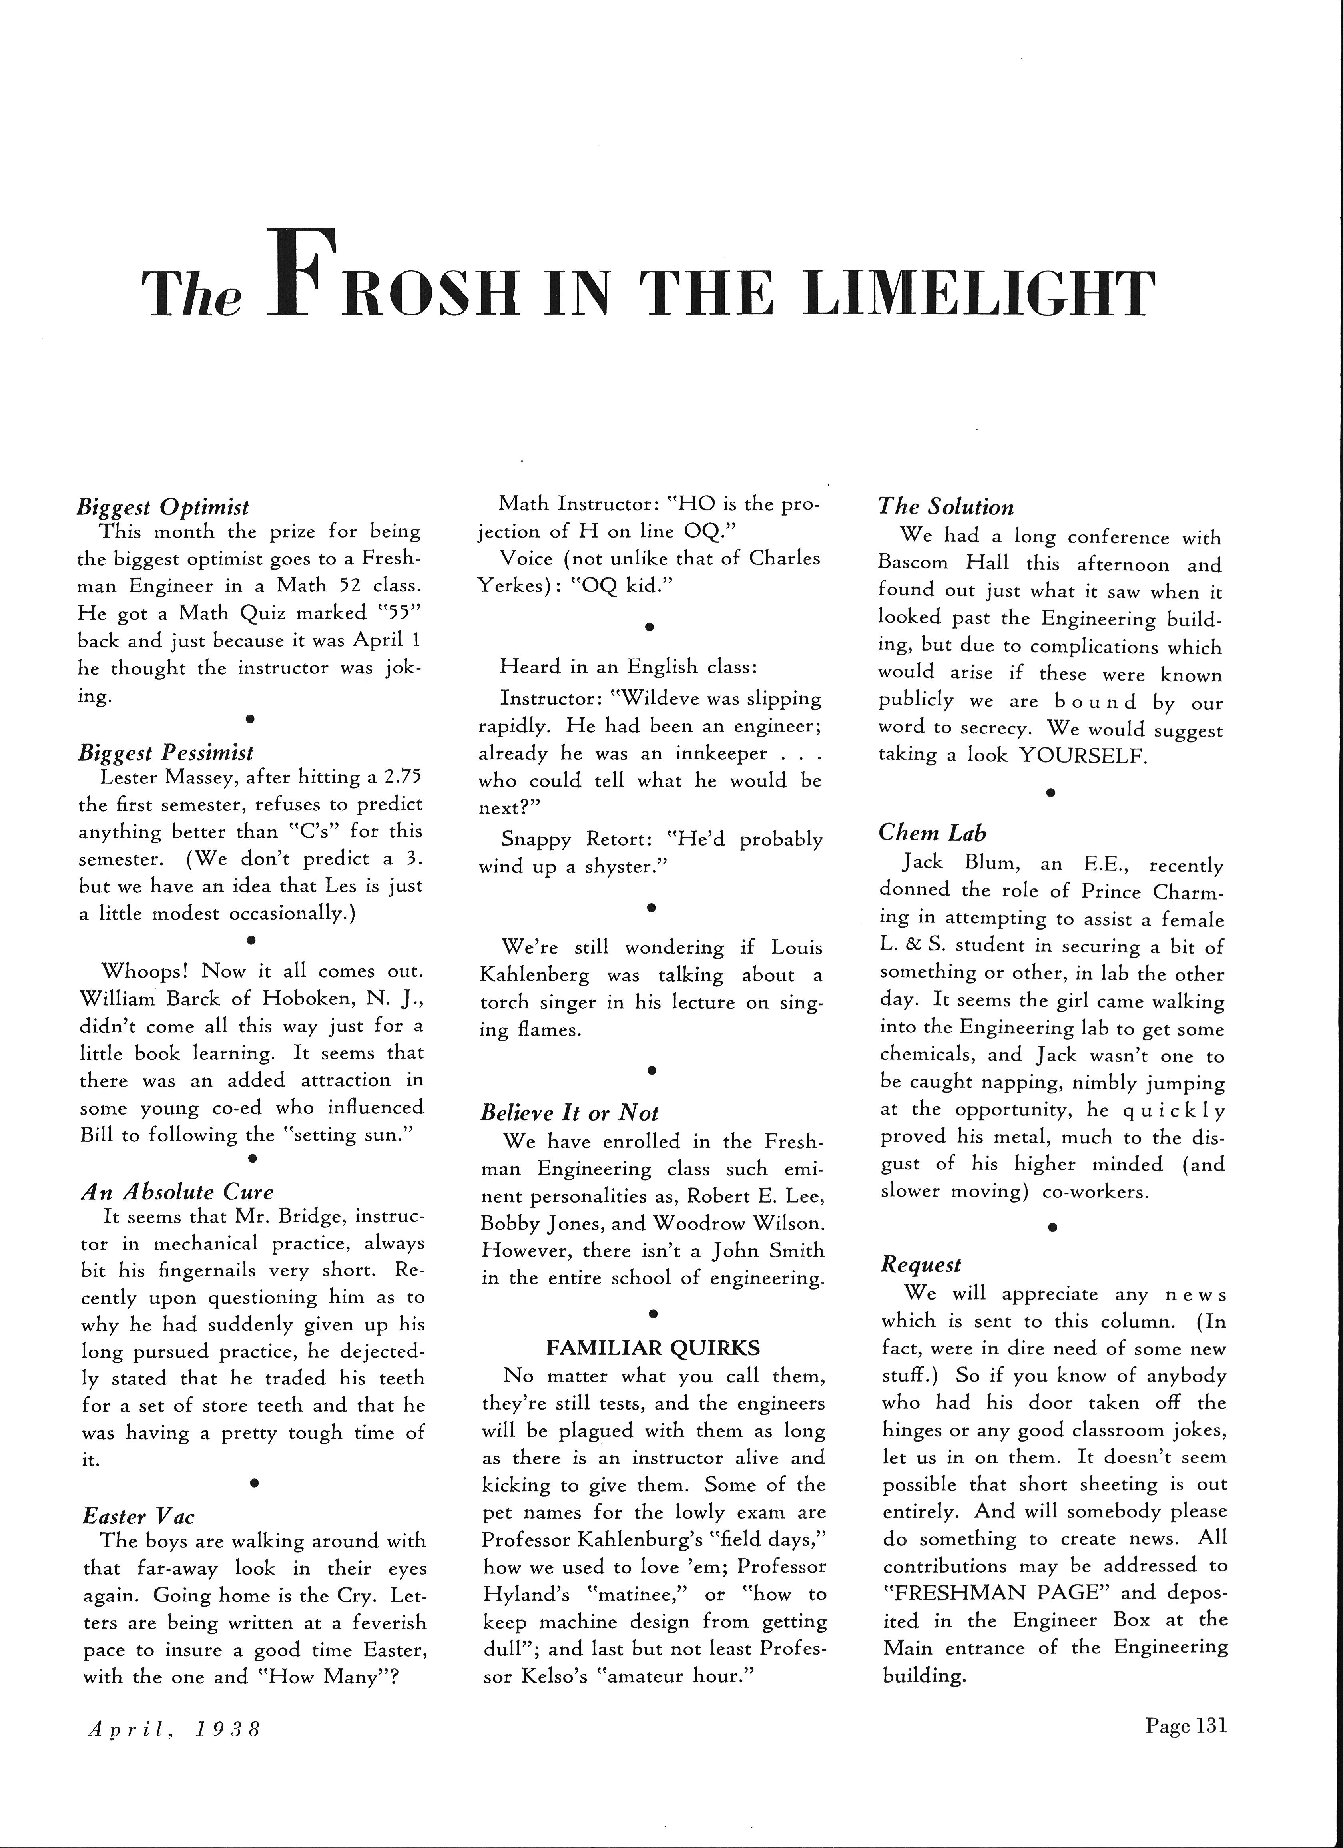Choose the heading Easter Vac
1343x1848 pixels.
tap(139, 1516)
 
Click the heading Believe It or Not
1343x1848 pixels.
tap(569, 1113)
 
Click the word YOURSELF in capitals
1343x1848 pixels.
tap(1082, 755)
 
